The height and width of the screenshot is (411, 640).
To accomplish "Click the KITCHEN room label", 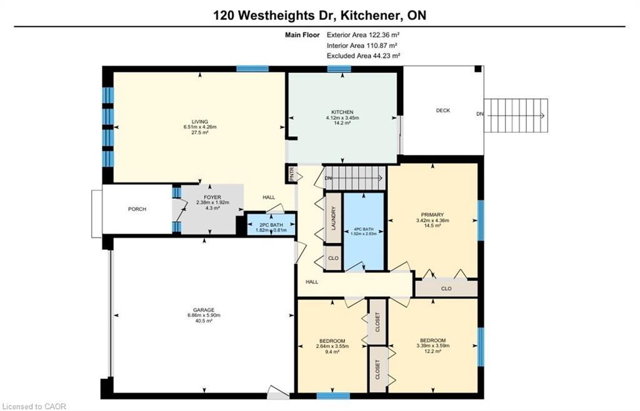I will tap(342, 112).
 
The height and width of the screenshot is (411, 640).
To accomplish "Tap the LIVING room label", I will tap(199, 122).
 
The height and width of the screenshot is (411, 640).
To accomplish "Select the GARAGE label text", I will tap(204, 310).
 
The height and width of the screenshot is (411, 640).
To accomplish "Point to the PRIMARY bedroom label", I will tap(432, 214).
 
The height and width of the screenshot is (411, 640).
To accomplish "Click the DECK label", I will tap(442, 111).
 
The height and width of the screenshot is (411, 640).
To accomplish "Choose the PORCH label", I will tap(137, 209).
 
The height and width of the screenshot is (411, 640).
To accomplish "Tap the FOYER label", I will tap(204, 197).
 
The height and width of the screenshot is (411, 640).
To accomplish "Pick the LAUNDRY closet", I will tap(334, 218).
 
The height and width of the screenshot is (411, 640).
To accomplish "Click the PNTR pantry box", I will tap(291, 173).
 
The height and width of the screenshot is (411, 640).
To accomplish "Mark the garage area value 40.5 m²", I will tap(204, 322).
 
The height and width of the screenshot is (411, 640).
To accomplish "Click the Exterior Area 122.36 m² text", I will tap(362, 35).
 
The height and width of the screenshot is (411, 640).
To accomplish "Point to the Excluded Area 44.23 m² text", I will tap(362, 56).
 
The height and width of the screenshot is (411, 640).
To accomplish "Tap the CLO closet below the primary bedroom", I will tap(446, 289).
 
